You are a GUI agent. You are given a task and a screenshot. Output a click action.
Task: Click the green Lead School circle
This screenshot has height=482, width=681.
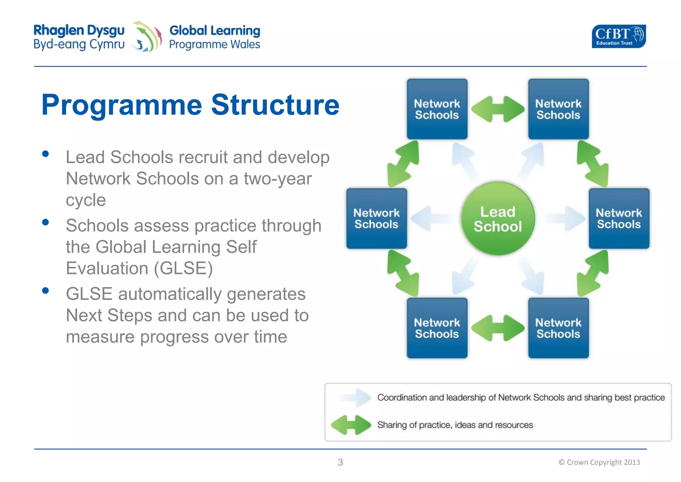point(497,219)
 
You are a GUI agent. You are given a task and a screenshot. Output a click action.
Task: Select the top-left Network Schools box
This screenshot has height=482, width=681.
point(437,109)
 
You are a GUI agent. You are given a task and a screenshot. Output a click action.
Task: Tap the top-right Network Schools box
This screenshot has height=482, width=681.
point(558,109)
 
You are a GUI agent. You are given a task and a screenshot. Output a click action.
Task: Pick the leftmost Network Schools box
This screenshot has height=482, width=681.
point(376,219)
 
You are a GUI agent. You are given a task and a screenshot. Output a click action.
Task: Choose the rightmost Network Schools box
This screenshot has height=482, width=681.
point(619,219)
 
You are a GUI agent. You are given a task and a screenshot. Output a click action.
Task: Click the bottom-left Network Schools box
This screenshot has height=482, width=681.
point(437,328)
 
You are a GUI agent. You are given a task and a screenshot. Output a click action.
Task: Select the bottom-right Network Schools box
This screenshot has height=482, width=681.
point(558,328)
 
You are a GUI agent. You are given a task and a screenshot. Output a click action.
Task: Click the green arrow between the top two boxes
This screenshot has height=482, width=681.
point(498,109)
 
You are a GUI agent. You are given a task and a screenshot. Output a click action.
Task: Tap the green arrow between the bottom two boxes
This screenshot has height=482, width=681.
point(498,328)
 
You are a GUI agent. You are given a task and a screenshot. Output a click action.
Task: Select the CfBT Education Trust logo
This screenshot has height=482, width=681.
point(618,36)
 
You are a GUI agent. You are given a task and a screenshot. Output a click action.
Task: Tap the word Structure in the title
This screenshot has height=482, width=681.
point(275,105)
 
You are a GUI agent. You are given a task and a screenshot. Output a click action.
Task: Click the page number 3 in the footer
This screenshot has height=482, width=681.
point(340,462)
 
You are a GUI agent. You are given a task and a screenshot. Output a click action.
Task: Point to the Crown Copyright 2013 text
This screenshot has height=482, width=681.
point(599,462)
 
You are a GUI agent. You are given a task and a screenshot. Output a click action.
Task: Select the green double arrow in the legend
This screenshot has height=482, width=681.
point(351,425)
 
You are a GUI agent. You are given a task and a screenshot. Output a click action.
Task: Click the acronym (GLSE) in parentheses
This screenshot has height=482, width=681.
point(183,268)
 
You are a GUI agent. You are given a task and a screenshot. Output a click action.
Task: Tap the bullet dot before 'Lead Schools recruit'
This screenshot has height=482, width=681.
point(46,154)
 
